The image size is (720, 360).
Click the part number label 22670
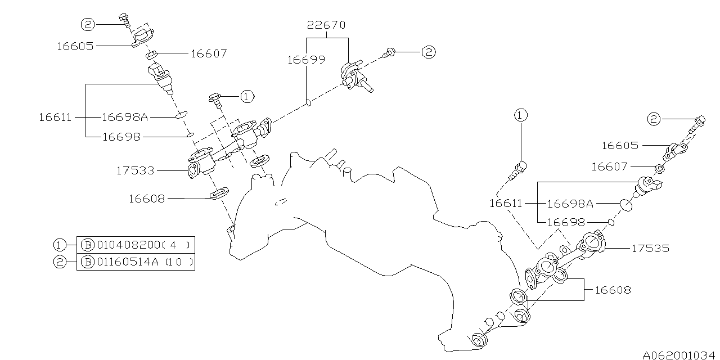(326, 25)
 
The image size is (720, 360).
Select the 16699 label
(306, 60)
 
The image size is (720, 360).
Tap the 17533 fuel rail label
(135, 170)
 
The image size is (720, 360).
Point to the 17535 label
(650, 248)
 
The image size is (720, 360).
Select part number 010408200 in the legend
(128, 245)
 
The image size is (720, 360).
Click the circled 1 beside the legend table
(60, 245)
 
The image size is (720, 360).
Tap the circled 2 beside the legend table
(60, 262)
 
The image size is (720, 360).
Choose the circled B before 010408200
(87, 245)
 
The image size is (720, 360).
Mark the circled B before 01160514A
(87, 262)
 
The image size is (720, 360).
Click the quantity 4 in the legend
(173, 245)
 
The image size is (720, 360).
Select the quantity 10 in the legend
(180, 262)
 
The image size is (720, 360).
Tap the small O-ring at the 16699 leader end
(308, 102)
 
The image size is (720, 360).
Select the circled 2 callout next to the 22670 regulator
(429, 52)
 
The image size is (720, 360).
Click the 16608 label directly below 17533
(146, 198)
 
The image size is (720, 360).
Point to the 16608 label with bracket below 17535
(613, 290)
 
